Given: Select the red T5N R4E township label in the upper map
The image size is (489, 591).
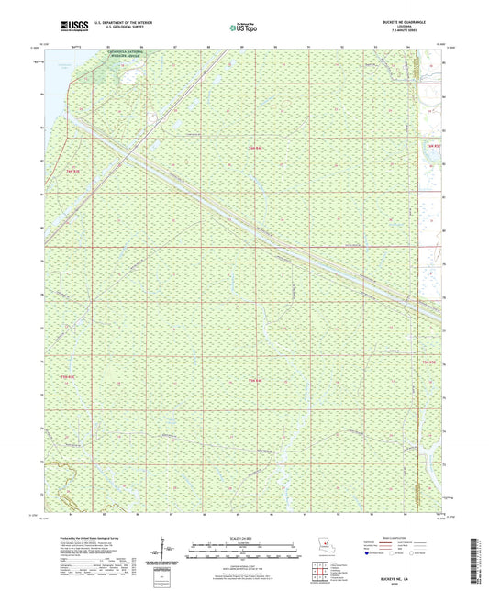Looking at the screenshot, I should tap(254, 145).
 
